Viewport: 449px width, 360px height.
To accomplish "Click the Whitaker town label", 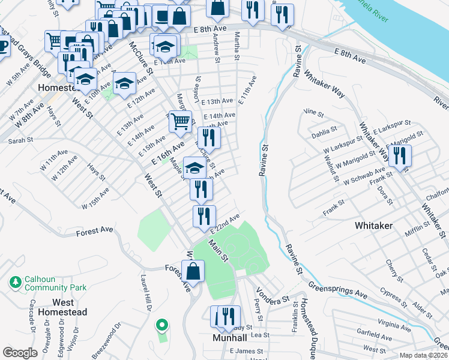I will (373, 225).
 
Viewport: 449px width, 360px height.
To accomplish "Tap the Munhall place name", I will (229, 338).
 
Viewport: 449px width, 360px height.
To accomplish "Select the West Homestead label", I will (62, 307).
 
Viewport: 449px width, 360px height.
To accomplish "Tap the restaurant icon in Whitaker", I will (399, 155).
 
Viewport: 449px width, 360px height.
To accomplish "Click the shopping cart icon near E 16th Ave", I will (180, 121).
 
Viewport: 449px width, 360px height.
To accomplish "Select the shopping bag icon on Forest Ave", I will (194, 271).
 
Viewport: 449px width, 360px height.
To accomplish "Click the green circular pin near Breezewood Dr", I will (161, 326).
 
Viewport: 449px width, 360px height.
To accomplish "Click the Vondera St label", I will (273, 295).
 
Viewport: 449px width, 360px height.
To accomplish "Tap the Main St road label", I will (218, 250).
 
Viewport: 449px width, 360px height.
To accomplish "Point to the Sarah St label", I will (19, 140).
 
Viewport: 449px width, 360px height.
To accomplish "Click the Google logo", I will (20, 352).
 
